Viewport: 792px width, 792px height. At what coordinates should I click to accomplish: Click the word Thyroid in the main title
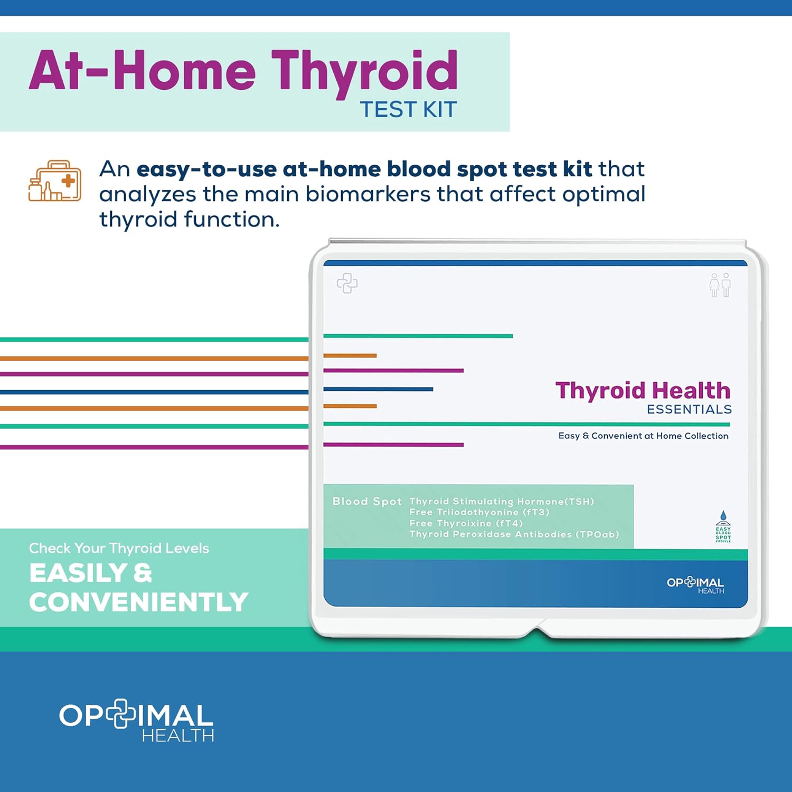point(364,71)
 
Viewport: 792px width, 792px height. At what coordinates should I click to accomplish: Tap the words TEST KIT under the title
point(408,110)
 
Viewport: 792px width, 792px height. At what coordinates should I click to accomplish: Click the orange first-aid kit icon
point(55,181)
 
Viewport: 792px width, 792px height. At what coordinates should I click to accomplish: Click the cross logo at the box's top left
point(347,283)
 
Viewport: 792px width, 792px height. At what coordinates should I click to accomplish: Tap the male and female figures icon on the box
point(720,285)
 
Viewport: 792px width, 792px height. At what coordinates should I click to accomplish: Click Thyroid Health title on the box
point(643,391)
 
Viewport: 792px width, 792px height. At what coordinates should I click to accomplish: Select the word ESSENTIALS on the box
point(689,410)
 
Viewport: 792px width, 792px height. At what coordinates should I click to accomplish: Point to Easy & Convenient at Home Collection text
point(643,436)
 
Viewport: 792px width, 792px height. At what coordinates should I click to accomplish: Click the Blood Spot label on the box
point(367,502)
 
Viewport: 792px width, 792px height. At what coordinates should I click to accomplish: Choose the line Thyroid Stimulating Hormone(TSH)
point(502,502)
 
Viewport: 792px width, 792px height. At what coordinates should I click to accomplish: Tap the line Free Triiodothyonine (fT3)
point(479,512)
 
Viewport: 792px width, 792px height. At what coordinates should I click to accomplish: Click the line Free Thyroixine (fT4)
point(466,523)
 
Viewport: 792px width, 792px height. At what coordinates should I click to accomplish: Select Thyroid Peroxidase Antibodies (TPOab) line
point(514,534)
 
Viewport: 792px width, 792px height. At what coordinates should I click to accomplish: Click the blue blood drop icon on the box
point(723,516)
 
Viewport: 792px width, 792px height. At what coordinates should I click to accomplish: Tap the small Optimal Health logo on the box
point(695,585)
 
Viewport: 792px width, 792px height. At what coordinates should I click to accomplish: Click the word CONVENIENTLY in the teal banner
point(138,602)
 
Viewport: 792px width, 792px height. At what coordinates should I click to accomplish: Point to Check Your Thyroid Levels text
point(119,549)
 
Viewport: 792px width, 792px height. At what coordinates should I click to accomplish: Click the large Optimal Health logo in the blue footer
point(136,721)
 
